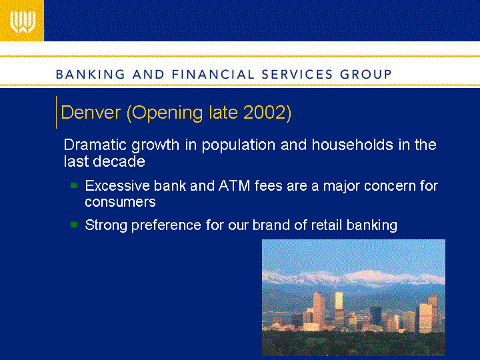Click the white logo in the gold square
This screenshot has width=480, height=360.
click(x=23, y=22)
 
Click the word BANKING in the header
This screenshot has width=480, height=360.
click(x=90, y=75)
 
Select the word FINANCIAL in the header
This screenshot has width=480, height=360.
click(x=213, y=75)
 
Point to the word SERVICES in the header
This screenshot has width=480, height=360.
click(x=297, y=75)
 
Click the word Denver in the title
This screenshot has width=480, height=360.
click(x=91, y=113)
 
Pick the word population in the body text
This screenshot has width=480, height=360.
click(x=239, y=145)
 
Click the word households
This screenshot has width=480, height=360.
click(x=353, y=145)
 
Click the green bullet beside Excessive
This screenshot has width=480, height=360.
click(x=74, y=185)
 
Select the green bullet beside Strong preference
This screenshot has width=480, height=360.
click(x=74, y=225)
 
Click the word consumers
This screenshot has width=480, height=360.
click(x=120, y=202)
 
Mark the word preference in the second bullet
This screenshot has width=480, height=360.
click(x=166, y=225)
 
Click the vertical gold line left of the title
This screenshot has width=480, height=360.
click(x=56, y=113)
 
